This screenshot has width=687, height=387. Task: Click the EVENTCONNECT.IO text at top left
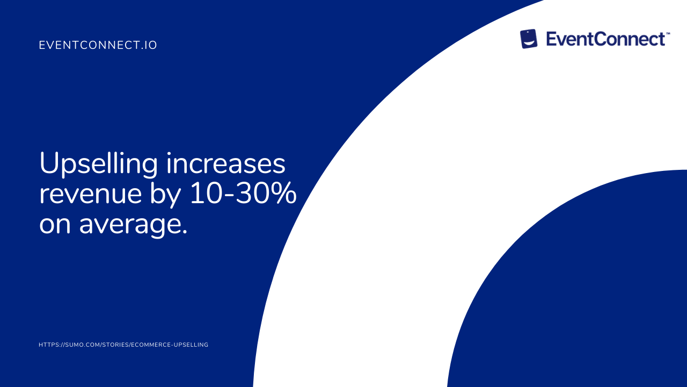click(98, 45)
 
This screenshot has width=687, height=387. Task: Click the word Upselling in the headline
click(98, 165)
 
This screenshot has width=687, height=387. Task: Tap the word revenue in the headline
click(91, 195)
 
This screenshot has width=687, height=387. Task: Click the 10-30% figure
click(243, 193)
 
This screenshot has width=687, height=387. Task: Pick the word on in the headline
click(55, 225)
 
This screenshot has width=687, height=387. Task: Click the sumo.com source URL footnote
click(123, 345)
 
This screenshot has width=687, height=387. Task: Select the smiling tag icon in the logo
click(529, 39)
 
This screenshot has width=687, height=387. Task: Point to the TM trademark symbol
click(668, 33)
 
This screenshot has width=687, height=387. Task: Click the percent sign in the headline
click(284, 193)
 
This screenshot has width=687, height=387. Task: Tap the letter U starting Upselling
click(49, 163)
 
